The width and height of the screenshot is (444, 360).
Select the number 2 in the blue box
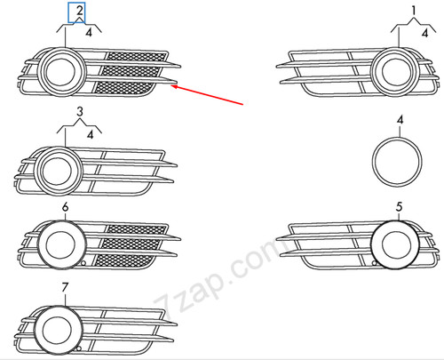coord(80,12)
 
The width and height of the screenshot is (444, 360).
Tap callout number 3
coord(79,113)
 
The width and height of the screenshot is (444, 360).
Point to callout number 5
coord(400,207)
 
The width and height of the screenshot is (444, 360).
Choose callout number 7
coord(63,287)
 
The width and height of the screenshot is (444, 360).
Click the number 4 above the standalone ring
coord(400,119)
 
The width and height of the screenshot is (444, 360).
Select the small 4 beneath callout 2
coord(89,32)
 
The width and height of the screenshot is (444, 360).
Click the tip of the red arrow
coord(175,85)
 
